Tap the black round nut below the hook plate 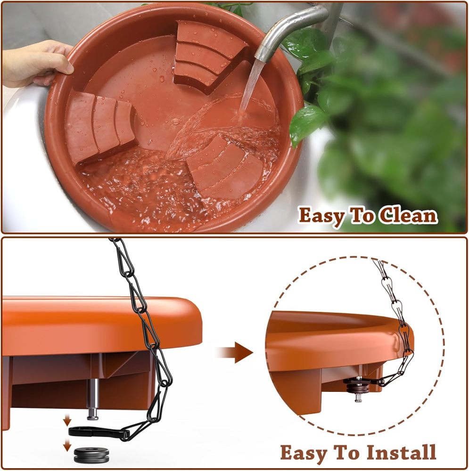92,455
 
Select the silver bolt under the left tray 93,398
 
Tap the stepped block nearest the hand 99,125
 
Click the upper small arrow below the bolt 67,419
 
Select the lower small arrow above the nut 67,445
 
